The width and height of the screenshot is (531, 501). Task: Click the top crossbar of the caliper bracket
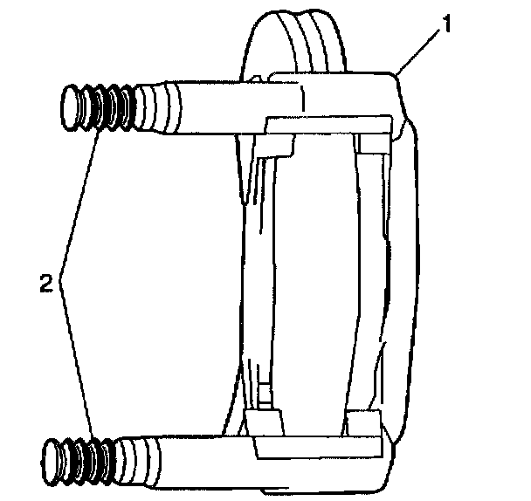328,122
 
